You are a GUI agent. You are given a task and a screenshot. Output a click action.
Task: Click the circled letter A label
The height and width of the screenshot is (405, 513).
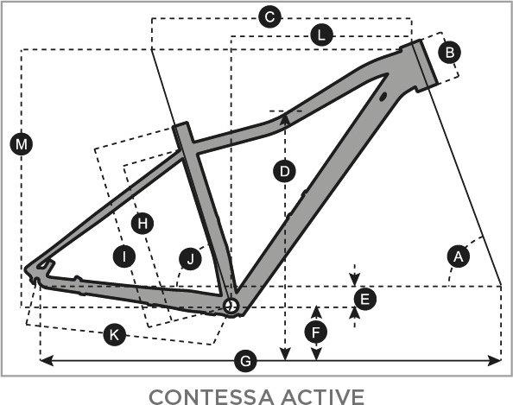click(459, 256)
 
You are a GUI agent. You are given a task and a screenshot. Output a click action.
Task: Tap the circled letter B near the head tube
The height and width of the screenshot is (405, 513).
click(450, 52)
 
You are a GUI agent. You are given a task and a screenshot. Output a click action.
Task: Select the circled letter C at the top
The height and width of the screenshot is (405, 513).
click(270, 16)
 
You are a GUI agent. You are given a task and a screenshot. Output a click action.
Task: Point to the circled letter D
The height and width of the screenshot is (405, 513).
click(285, 171)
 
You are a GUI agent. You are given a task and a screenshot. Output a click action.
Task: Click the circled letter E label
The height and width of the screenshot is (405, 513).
click(365, 299)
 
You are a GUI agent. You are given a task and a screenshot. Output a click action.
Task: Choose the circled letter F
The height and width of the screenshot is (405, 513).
click(316, 332)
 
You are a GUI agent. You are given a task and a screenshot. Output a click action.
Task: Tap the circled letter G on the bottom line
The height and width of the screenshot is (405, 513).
click(245, 361)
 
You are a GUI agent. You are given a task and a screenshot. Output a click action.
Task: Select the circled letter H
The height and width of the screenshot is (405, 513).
click(142, 224)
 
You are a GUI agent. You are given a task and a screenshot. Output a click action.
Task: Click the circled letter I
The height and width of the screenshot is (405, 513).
click(124, 256)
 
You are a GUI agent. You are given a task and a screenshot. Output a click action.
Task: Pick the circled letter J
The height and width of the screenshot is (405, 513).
click(190, 259)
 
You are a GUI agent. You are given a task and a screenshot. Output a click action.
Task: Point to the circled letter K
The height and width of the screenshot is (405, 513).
click(115, 335)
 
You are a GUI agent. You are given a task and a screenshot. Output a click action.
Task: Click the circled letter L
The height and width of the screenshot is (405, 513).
click(321, 35)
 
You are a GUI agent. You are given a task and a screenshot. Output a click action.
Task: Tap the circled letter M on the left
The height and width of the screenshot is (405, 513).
click(22, 144)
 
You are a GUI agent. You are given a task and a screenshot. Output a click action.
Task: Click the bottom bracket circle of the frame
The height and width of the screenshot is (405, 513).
click(231, 307)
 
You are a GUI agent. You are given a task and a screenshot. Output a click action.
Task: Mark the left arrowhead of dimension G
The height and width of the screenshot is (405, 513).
click(47, 360)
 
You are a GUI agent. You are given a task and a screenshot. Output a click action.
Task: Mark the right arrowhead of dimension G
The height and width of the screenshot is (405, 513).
click(494, 360)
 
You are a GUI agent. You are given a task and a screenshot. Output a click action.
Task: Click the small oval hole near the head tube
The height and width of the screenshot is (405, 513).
click(383, 97)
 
